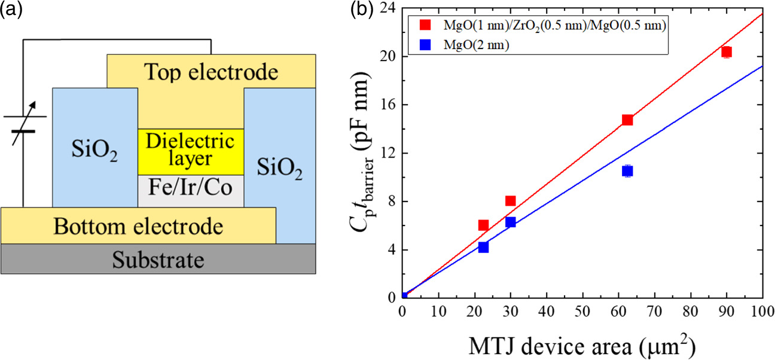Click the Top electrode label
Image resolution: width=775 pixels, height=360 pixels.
(210, 72)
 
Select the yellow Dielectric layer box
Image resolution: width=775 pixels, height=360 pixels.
(191, 151)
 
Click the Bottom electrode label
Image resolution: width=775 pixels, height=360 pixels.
(138, 227)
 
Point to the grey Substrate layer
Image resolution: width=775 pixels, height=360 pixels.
(158, 260)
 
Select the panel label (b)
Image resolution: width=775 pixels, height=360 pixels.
(366, 10)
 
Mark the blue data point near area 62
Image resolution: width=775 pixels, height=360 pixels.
(627, 171)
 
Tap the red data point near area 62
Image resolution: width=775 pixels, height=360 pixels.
(627, 120)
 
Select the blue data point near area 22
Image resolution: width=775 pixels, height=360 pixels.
(483, 247)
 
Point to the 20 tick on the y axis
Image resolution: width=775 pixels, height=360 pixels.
(390, 56)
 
